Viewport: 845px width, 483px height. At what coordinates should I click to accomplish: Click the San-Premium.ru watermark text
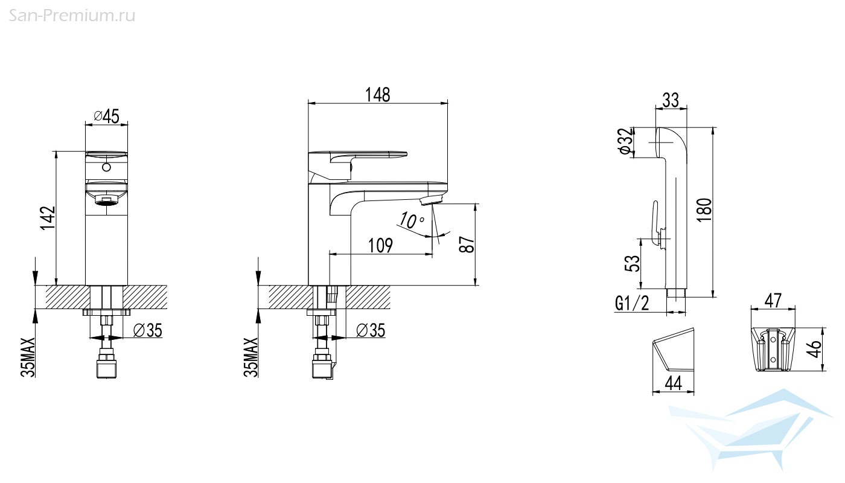coord(72,16)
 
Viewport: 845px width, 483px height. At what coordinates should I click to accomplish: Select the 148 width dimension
coord(378,95)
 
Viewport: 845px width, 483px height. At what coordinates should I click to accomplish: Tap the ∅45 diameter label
coord(106,116)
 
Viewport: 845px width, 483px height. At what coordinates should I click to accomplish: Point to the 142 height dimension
coord(48,218)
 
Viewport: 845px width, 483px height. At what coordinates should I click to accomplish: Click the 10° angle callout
coord(411,220)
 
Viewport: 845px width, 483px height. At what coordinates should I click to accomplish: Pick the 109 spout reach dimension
coord(380,245)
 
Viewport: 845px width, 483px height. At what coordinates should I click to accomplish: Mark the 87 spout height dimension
coord(467,244)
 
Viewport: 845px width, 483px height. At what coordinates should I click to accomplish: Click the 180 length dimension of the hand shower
coord(704,210)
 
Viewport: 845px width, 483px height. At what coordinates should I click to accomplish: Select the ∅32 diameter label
coord(625,141)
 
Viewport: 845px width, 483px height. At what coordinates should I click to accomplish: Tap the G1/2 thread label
coord(633,303)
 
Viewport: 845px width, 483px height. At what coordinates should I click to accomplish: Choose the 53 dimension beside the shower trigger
coord(633,263)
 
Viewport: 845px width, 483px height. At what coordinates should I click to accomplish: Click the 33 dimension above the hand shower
coord(671,100)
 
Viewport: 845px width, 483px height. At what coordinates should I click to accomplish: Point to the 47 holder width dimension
coord(773,301)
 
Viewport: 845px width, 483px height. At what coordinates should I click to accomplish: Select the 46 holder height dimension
coord(815,349)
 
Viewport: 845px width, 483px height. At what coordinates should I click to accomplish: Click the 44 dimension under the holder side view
coord(674,383)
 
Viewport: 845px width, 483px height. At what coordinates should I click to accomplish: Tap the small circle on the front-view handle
coord(107,167)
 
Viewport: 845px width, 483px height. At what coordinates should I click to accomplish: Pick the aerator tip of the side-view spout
coord(431,200)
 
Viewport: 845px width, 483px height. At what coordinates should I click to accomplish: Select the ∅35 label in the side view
coord(371,331)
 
